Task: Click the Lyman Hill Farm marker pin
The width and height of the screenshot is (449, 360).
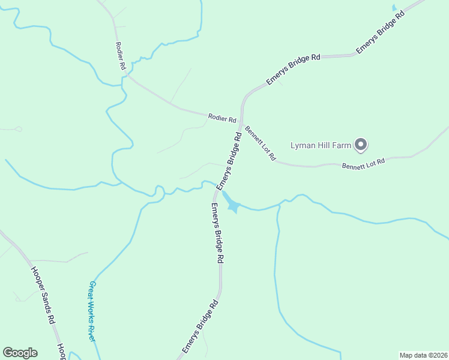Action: pos(360,144)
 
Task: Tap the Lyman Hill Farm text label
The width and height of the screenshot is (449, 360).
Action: pos(321,145)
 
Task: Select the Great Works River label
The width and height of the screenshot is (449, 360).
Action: pos(92,311)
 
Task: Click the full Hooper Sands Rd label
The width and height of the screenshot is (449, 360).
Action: pos(43,295)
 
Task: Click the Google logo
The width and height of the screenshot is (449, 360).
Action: pos(20,353)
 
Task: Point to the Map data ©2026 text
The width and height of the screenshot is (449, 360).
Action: pos(423,355)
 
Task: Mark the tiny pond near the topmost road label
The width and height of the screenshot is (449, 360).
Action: pos(394,8)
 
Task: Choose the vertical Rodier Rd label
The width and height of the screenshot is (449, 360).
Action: pos(120,56)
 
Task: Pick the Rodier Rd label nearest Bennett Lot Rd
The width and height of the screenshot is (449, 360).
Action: pos(221,118)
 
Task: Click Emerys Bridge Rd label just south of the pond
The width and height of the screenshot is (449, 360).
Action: pos(217,233)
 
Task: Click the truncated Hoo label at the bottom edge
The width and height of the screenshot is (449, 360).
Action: pos(61,352)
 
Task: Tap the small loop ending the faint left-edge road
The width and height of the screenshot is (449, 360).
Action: pos(19,129)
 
